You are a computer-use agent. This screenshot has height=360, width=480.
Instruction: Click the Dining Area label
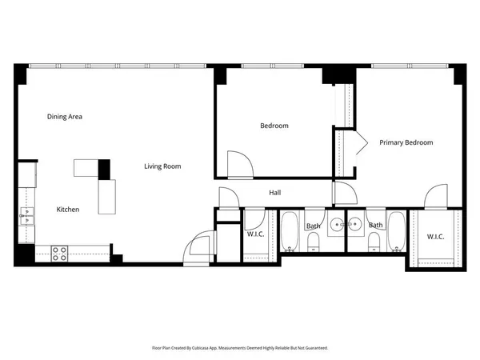[65, 117]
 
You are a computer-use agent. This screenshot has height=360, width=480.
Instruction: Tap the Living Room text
[162, 166]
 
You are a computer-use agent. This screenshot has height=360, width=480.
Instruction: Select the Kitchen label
[67, 210]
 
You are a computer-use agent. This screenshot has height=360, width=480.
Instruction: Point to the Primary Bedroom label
[406, 142]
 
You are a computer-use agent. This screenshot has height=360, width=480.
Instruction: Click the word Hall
[274, 193]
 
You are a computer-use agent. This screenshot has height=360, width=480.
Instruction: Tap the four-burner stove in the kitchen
[60, 254]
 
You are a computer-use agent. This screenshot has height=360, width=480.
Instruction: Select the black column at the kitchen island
[103, 169]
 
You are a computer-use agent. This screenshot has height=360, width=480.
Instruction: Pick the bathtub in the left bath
[290, 231]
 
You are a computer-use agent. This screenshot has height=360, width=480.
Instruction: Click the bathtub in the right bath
[397, 231]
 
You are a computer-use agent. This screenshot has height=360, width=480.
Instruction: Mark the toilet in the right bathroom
[374, 242]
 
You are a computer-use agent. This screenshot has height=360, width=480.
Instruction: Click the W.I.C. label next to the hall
[256, 234]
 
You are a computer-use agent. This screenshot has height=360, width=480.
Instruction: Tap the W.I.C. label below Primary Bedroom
[435, 236]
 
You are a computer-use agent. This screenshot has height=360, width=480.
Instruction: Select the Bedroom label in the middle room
[274, 126]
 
